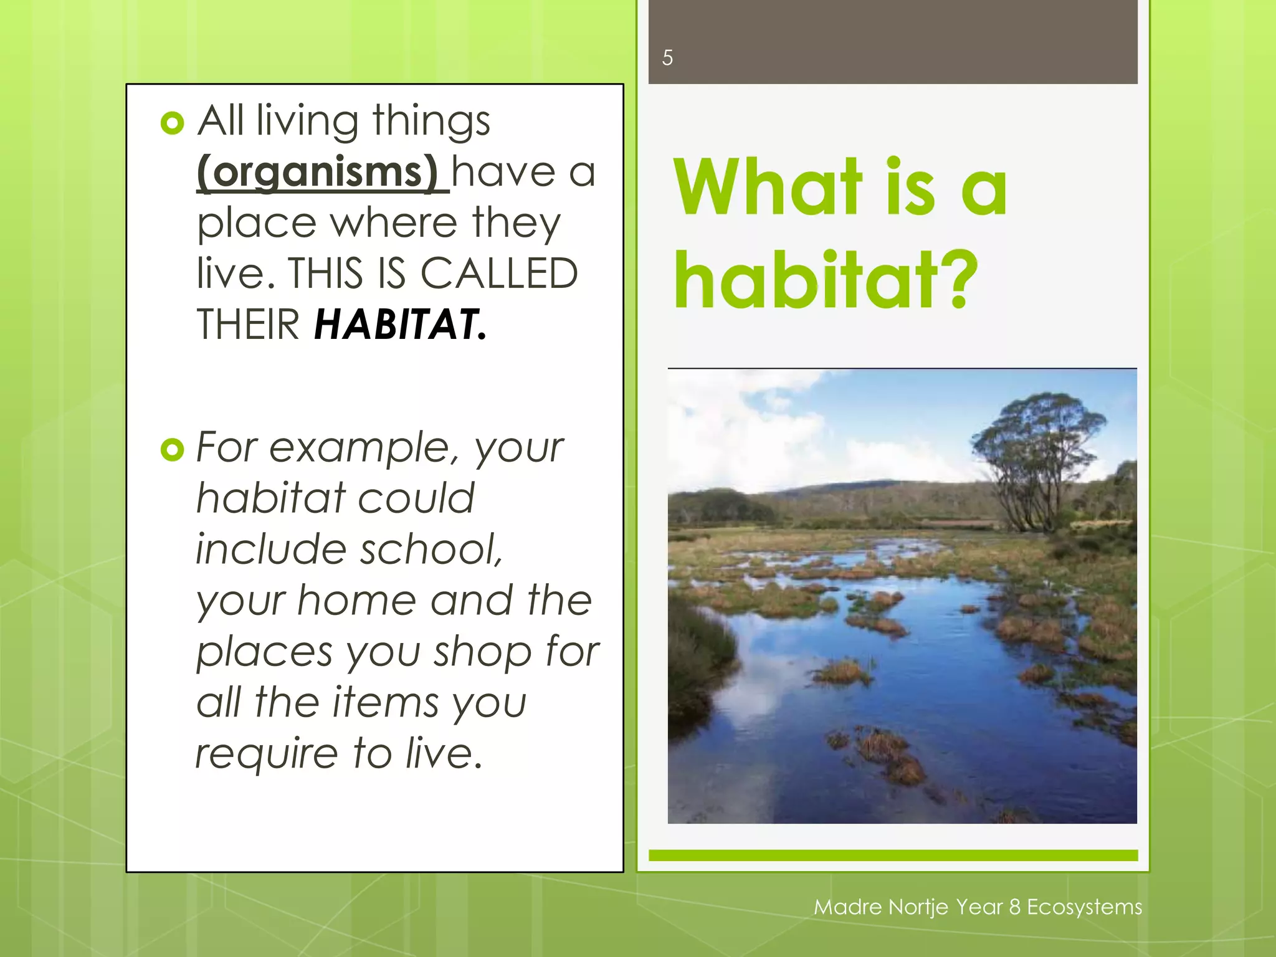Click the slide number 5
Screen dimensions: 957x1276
667,58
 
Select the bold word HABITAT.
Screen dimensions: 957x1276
399,325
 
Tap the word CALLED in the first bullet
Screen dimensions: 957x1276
498,274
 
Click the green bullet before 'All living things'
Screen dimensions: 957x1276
172,123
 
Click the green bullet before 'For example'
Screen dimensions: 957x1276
172,449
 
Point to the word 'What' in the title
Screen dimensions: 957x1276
768,188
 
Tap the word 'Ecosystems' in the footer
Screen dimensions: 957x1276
1084,907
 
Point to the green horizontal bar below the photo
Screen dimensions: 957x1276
893,855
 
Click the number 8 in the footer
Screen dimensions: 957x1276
1014,907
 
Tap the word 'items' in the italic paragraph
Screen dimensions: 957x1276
386,703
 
